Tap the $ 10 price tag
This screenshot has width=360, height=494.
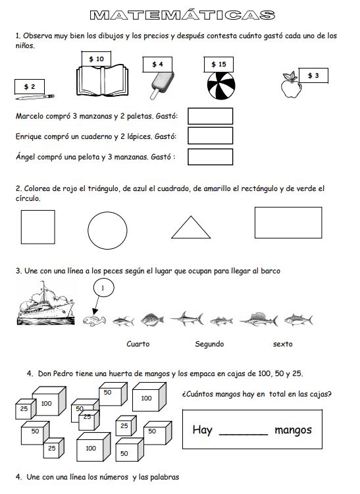pyautogui.click(x=96, y=59)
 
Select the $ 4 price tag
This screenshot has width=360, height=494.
pyautogui.click(x=157, y=64)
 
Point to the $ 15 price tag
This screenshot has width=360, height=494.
pyautogui.click(x=219, y=64)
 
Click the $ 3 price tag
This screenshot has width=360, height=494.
pyautogui.click(x=313, y=76)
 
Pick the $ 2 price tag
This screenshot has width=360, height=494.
pyautogui.click(x=30, y=86)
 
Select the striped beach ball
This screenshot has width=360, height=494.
pyautogui.click(x=220, y=86)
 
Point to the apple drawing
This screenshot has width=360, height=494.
pyautogui.click(x=290, y=88)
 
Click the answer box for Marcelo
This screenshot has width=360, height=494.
pyautogui.click(x=210, y=117)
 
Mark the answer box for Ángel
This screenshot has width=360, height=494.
pyautogui.click(x=210, y=157)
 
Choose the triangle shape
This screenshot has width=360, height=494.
pyautogui.click(x=191, y=227)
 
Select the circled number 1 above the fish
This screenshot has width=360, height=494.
pyautogui.click(x=104, y=288)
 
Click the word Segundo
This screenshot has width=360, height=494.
pyautogui.click(x=209, y=344)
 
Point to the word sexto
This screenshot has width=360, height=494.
pyautogui.click(x=282, y=344)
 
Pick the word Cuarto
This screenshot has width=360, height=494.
pyautogui.click(x=138, y=344)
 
